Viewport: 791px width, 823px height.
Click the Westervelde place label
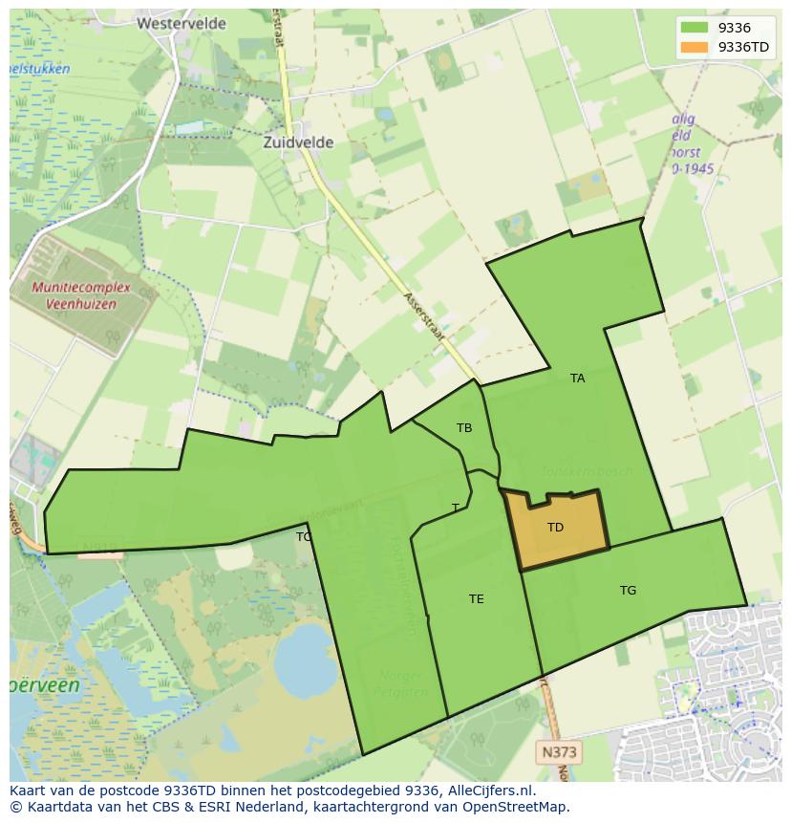(x=182, y=23)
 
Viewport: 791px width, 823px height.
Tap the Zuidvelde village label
(x=298, y=142)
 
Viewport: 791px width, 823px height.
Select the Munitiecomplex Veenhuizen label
(x=74, y=295)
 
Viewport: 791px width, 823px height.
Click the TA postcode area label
(x=577, y=379)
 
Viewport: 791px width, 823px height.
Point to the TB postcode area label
(x=464, y=428)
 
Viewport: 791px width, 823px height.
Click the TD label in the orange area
(x=555, y=528)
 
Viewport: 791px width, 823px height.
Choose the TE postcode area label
(x=476, y=599)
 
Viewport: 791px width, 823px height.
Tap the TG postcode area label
(x=628, y=591)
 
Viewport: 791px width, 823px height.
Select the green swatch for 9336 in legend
(x=695, y=28)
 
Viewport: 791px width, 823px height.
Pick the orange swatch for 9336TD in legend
(x=695, y=47)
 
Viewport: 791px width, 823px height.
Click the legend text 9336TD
(x=743, y=47)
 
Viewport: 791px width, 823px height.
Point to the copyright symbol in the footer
(x=15, y=807)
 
